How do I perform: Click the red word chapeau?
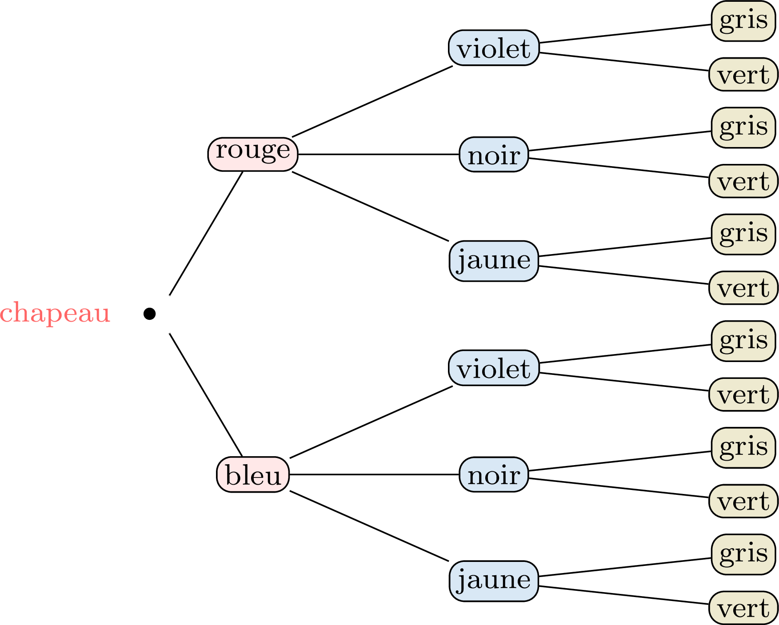click(55, 314)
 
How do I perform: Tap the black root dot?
click(150, 314)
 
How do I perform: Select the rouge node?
click(253, 154)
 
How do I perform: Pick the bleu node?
click(253, 474)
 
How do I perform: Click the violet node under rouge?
click(494, 48)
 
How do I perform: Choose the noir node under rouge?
click(494, 155)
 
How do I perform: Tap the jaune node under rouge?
click(494, 261)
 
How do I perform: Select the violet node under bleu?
click(494, 368)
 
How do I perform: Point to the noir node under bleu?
click(494, 474)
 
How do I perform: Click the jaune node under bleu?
click(494, 581)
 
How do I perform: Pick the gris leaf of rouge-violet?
click(743, 21)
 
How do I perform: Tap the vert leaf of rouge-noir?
click(743, 181)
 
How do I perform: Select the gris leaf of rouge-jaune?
click(743, 235)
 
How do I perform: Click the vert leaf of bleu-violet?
click(743, 394)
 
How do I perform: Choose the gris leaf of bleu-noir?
click(743, 448)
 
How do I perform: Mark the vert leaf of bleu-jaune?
click(743, 608)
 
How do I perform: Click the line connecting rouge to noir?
click(378, 155)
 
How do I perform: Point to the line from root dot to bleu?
click(206, 395)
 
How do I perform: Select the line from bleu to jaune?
click(369, 526)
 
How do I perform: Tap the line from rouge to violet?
click(372, 101)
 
